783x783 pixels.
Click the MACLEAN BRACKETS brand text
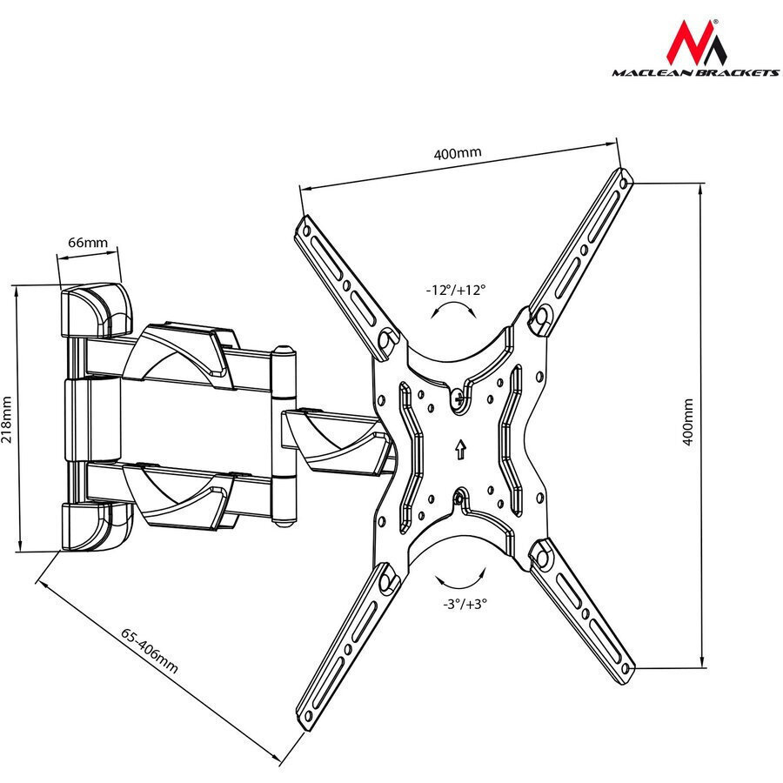696,73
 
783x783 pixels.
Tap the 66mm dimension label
88,243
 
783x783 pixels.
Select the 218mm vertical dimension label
7,419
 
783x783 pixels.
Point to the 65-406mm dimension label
150,651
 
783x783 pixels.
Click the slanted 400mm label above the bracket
458,153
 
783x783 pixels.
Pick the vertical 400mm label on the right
688,422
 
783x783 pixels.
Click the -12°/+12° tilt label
455,290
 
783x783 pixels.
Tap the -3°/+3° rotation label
465,604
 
